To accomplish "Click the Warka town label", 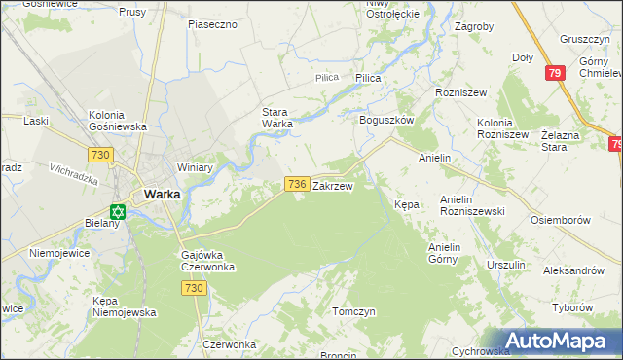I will click(161, 194).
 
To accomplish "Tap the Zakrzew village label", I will click(332, 185).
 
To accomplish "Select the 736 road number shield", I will click(298, 184).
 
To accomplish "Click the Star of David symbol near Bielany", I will click(118, 212).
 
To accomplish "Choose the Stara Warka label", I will click(277, 117).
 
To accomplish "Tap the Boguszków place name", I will click(387, 120).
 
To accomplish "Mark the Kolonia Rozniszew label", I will click(502, 127).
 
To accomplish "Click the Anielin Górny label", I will click(449, 253).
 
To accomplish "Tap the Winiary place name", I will click(195, 167).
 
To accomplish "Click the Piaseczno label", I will click(213, 23).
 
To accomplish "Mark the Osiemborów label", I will click(561, 220).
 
